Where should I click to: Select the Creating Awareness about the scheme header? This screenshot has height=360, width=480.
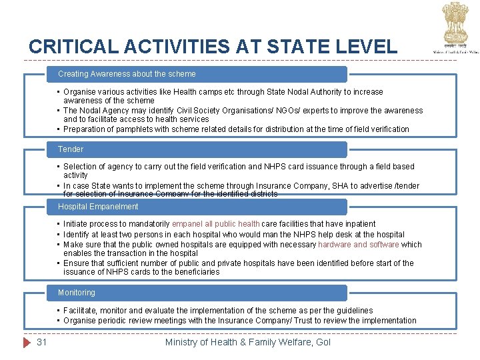pos(127,74)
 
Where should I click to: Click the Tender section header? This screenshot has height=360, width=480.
pos(71,149)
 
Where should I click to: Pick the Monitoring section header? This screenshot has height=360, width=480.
pos(77,293)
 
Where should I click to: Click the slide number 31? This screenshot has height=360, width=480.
pos(41,342)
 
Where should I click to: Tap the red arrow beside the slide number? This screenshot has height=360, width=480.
pos(27,342)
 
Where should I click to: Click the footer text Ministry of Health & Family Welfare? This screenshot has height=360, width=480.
pos(247,342)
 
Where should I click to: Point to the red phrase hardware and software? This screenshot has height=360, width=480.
pos(359,245)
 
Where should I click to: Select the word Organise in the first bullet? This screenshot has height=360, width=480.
pos(80,92)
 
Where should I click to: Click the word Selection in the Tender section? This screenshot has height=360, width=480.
pos(80,167)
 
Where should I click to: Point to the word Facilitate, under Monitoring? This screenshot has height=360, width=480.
pos(81,311)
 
